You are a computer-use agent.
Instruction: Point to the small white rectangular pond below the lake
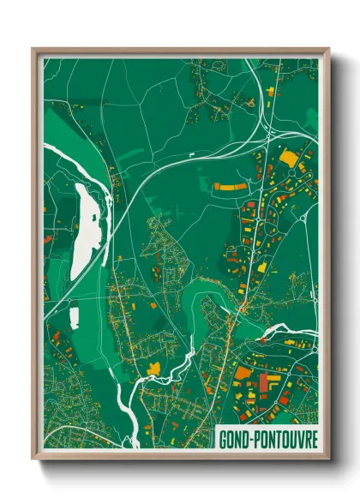[x=75, y=317]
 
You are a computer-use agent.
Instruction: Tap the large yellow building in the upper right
[x=287, y=159]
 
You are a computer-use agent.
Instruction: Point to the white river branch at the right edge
[x=296, y=327]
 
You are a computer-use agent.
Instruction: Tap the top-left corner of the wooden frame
[x=34, y=50]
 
